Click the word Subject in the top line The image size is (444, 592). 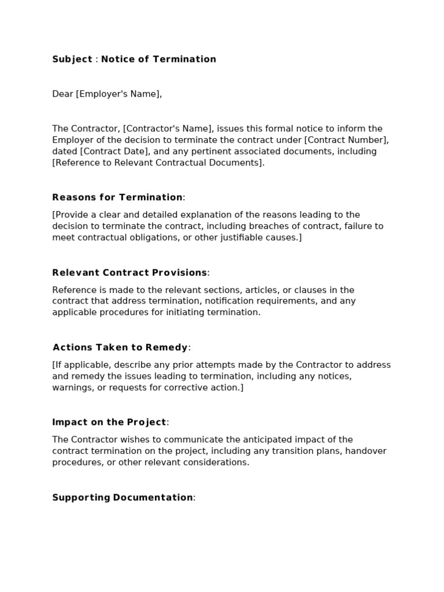click(x=72, y=59)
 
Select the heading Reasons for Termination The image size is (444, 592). click(x=117, y=197)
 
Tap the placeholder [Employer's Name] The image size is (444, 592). click(x=118, y=94)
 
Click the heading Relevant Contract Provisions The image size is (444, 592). click(x=129, y=272)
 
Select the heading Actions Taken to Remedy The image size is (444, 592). click(x=120, y=347)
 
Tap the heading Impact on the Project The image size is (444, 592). click(x=109, y=422)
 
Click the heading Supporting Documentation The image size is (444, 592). click(x=123, y=497)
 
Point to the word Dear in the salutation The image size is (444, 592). click(x=62, y=94)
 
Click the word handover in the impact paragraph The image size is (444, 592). click(x=368, y=451)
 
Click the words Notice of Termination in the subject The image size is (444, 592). click(x=158, y=59)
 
